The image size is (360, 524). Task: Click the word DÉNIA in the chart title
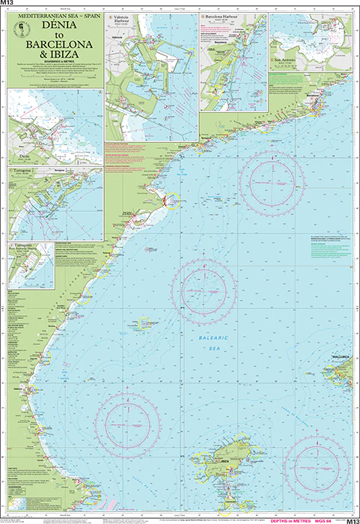[x=54, y=25]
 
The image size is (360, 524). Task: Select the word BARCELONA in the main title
[x=54, y=44]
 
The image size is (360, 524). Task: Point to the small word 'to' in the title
[x=54, y=34]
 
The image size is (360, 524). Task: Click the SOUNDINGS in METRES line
[x=54, y=62]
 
